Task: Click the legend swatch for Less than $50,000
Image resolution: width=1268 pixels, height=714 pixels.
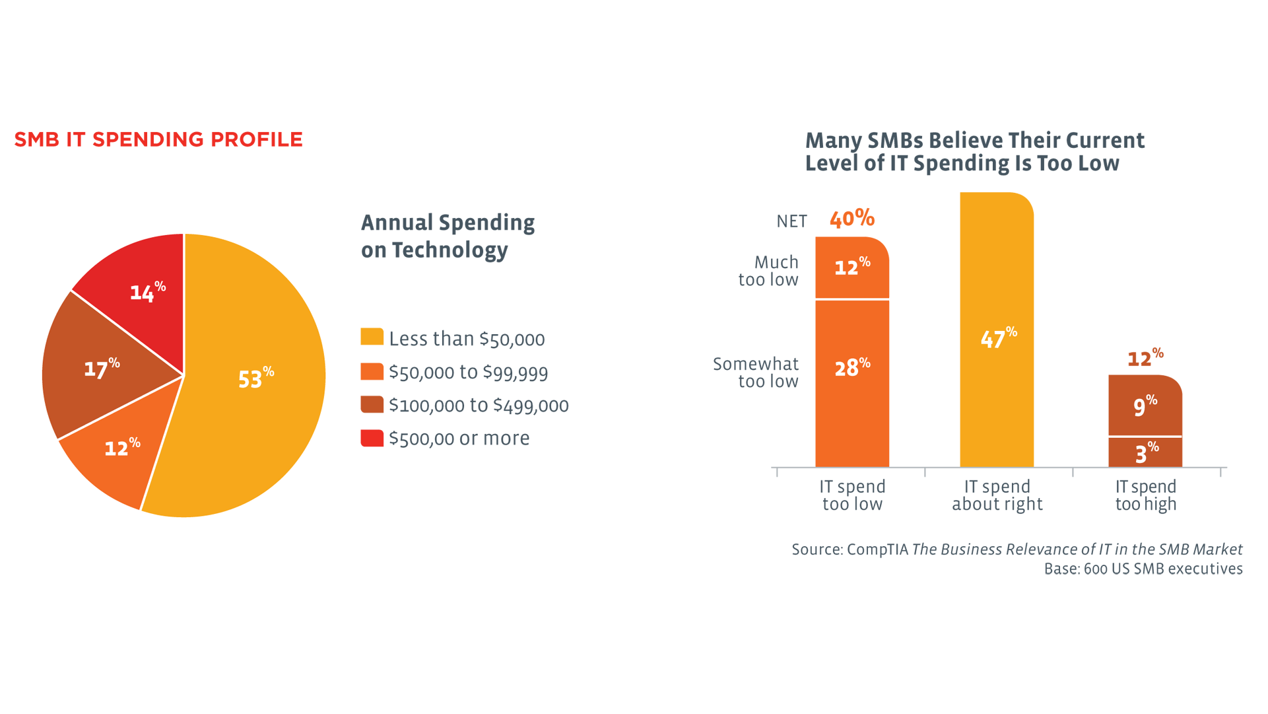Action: [x=372, y=337]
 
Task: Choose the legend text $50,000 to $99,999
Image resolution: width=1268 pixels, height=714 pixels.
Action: [x=468, y=373]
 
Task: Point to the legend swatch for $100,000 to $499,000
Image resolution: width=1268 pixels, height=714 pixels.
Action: [x=372, y=404]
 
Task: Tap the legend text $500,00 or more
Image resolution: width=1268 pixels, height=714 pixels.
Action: [x=459, y=439]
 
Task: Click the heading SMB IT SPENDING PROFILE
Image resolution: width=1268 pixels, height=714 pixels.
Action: [x=158, y=139]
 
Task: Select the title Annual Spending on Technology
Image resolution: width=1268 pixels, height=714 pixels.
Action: [x=448, y=236]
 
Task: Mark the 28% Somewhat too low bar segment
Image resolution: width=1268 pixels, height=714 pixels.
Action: [x=852, y=383]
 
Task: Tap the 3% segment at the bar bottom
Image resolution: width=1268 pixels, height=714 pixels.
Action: [x=1145, y=453]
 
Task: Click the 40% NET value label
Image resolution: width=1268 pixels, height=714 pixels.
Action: [x=852, y=219]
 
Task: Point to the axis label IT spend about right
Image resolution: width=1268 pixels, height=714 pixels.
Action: [x=997, y=495]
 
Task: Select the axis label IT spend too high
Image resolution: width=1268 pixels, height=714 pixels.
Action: [x=1145, y=495]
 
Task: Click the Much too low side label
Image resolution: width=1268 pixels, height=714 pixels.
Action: [x=768, y=271]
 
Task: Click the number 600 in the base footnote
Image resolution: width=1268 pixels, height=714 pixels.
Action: [x=1096, y=569]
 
